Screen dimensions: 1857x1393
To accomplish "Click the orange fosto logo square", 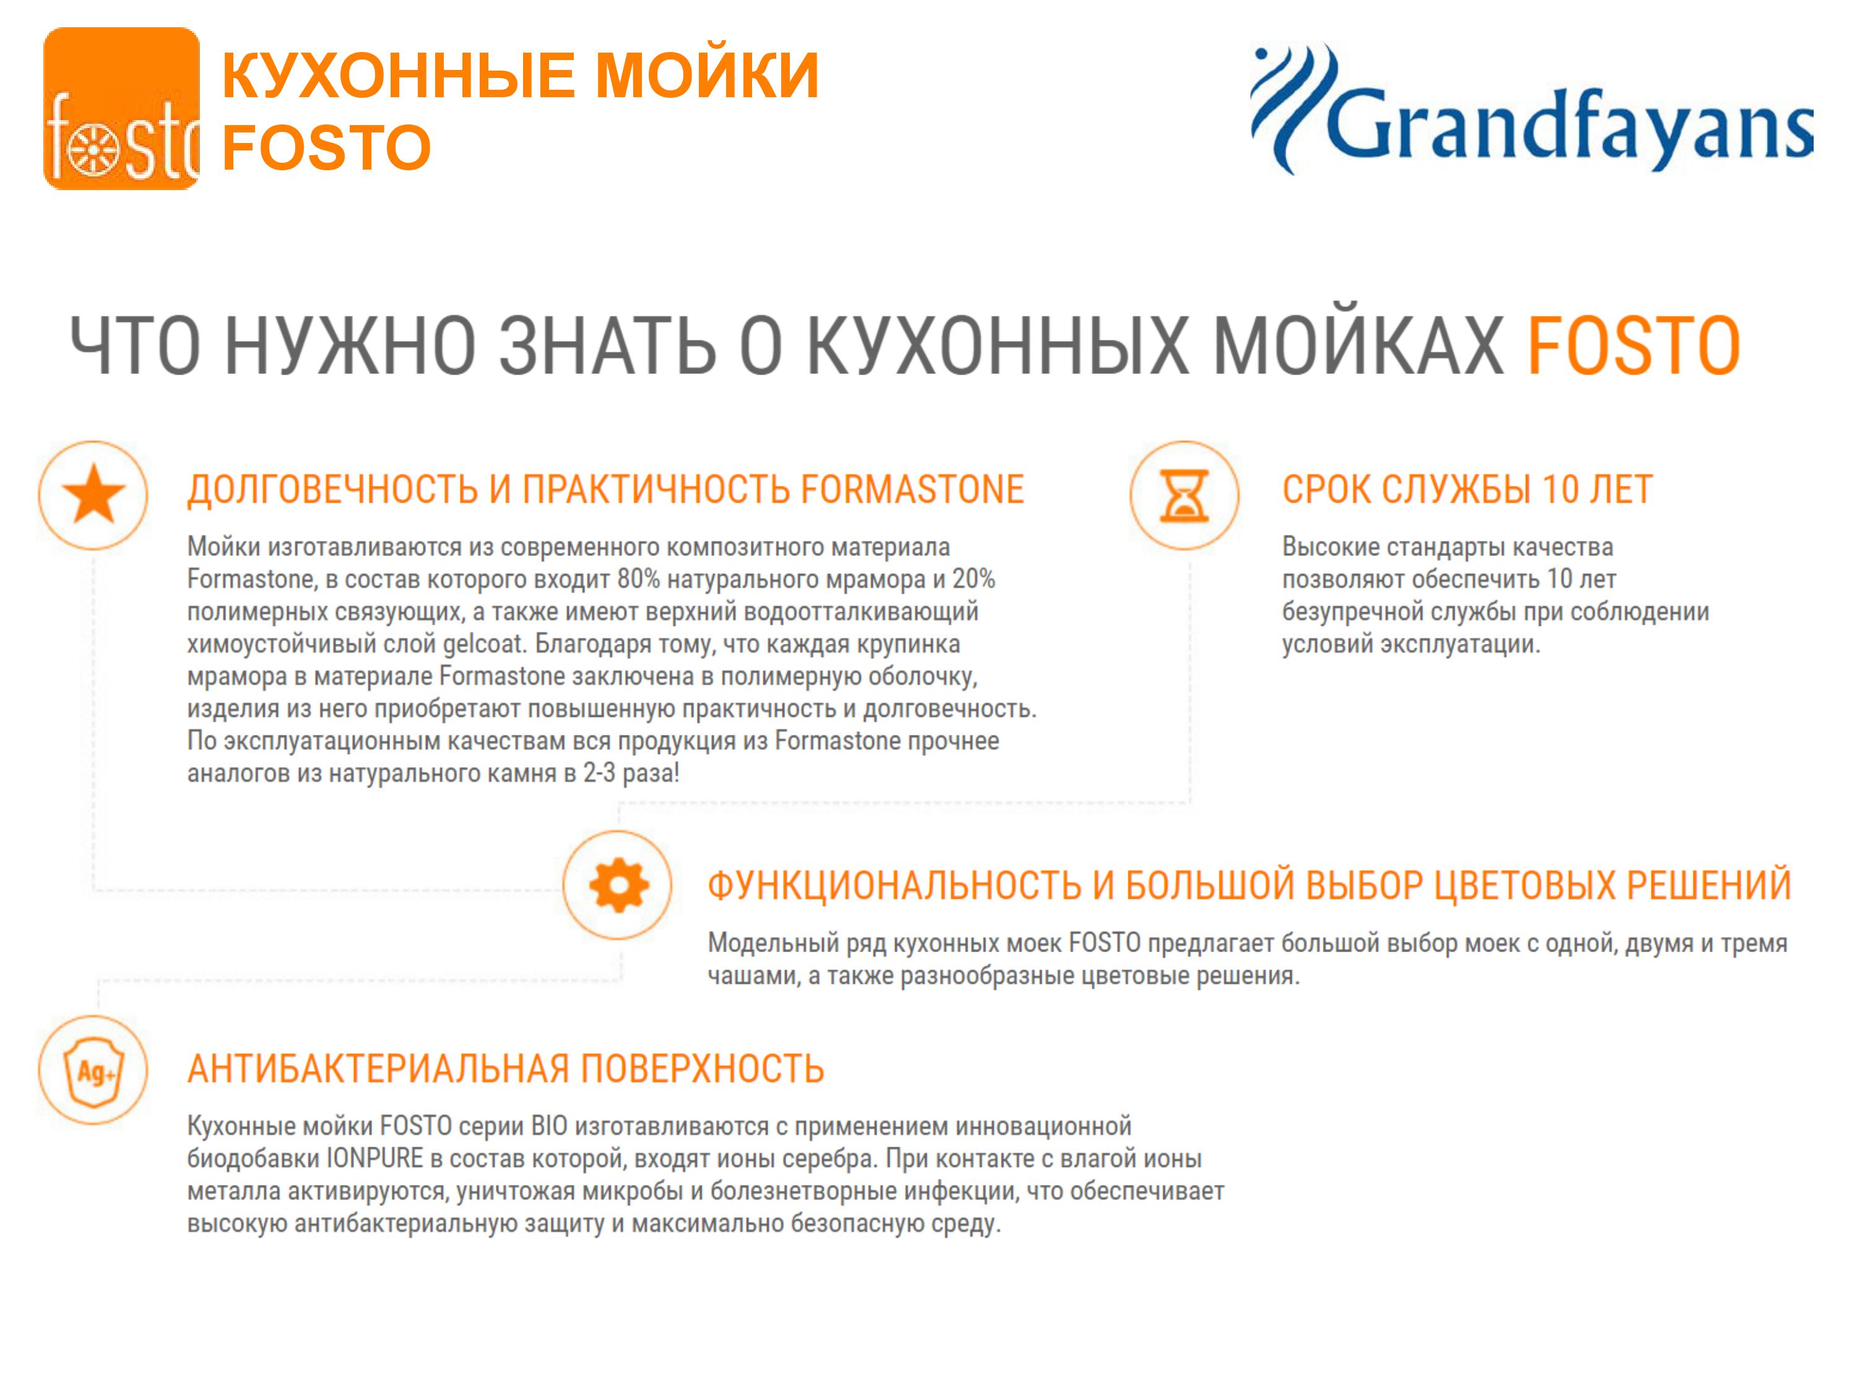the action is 122,108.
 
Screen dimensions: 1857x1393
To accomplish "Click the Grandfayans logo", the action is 1531,109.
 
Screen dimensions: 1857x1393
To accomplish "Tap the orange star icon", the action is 93,495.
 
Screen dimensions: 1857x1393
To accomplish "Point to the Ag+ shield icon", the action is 94,1070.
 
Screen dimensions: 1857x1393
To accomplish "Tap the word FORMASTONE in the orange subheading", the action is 912,490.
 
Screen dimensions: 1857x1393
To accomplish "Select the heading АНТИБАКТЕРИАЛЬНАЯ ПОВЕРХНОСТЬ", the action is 505,1069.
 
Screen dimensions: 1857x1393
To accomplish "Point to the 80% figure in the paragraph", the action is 639,578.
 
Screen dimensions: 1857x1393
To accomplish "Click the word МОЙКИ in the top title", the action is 707,75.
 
